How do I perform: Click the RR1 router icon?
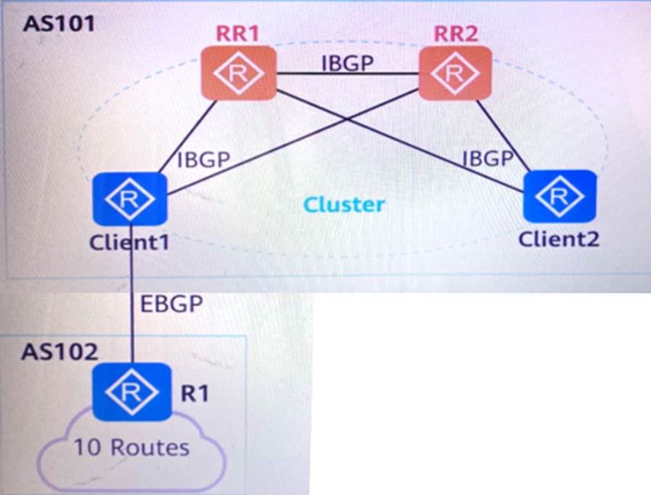coord(239,73)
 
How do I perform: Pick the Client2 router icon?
coord(560,196)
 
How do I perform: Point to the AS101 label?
coord(60,23)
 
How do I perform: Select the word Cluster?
coord(344,204)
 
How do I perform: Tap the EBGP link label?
coord(171,304)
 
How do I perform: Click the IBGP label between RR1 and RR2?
coord(348,63)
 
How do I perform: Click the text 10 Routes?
coord(131,447)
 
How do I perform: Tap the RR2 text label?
coord(456,33)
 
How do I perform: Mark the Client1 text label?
coord(129,241)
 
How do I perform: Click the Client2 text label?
coord(559,238)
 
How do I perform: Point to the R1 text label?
coord(194,393)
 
